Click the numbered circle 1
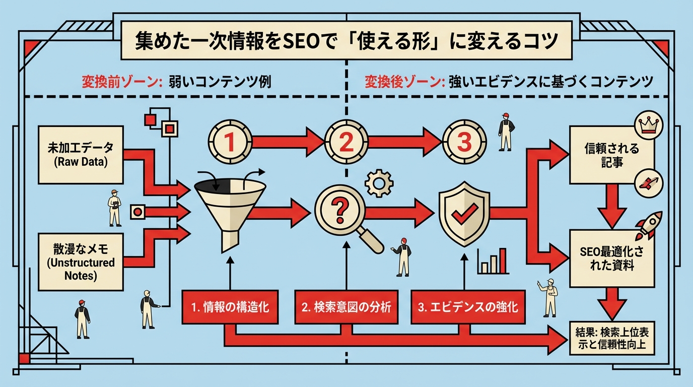pyautogui.click(x=230, y=142)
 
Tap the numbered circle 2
pyautogui.click(x=346, y=142)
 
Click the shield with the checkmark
pyautogui.click(x=463, y=215)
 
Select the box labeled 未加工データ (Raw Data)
pyautogui.click(x=81, y=155)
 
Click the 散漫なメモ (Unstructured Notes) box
pyautogui.click(x=81, y=262)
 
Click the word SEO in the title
pyautogui.click(x=303, y=41)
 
